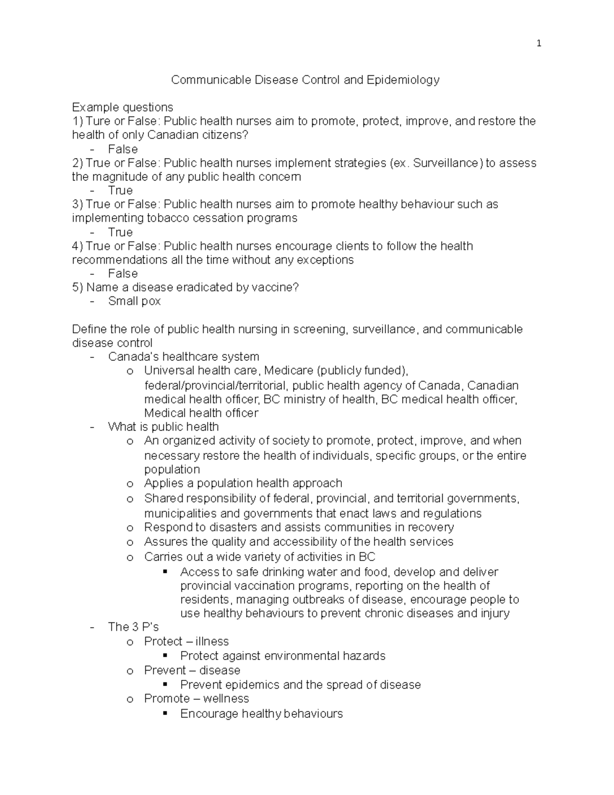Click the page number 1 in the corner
[x=539, y=44]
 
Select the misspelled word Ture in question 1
[x=98, y=121]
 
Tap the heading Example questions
[x=122, y=108]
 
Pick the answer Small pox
[x=134, y=301]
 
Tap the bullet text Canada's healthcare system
[x=183, y=357]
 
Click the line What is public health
[x=163, y=427]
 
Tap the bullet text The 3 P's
[x=133, y=627]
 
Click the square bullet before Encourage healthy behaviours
[x=164, y=714]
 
